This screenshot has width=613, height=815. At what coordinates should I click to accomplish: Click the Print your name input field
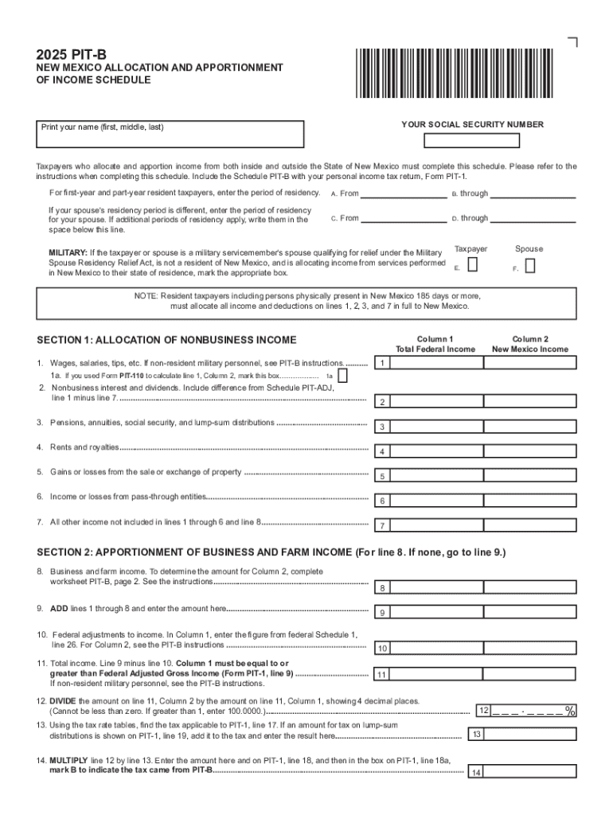[x=170, y=135]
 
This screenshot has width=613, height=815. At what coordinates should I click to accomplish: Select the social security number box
[x=471, y=141]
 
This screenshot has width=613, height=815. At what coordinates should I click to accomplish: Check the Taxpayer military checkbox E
[x=473, y=265]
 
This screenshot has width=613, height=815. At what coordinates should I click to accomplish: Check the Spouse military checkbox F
[x=530, y=265]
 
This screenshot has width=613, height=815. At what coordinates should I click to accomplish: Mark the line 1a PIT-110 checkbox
[x=343, y=375]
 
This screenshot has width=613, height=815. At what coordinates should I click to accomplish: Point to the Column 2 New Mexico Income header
[x=530, y=344]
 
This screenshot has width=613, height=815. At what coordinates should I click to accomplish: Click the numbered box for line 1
[x=383, y=364]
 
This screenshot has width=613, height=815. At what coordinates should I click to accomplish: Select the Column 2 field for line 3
[x=530, y=427]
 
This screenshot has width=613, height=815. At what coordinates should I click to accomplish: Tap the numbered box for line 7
[x=383, y=525]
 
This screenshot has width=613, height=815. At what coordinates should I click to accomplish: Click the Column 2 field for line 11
[x=530, y=674]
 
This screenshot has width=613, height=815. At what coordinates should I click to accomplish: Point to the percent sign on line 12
[x=570, y=710]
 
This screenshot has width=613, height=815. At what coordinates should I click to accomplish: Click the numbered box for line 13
[x=476, y=735]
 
